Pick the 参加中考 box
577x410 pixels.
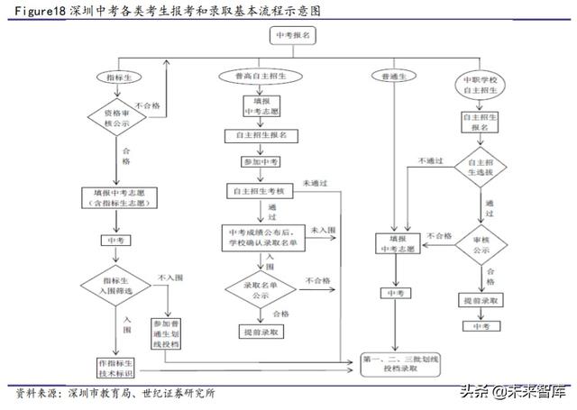pos(261,161)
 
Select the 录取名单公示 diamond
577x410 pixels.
pos(261,290)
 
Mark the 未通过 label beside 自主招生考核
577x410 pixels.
pos(315,183)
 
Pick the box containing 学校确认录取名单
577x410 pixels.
pos(261,238)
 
